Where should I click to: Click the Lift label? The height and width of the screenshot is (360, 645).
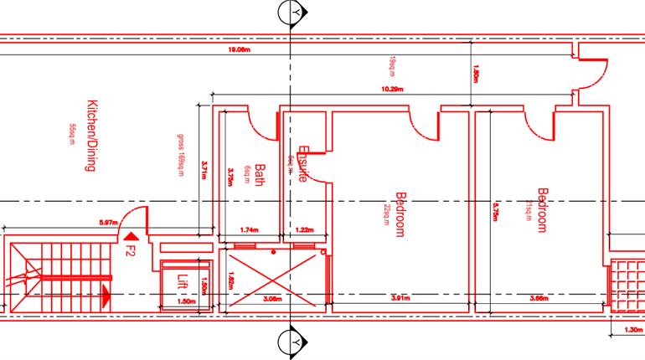(183, 281)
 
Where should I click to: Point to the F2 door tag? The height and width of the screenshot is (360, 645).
(130, 249)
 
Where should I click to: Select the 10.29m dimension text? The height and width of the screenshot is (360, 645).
(393, 88)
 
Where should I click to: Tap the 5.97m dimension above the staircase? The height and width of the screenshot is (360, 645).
(107, 223)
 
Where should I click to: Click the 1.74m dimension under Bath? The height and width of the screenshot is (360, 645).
(249, 229)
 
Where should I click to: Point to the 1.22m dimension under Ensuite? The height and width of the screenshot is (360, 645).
(304, 229)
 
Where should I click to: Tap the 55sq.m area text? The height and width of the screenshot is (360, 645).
(72, 134)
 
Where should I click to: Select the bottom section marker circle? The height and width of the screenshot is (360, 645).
(291, 343)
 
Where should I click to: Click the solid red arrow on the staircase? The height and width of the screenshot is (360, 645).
(106, 293)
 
